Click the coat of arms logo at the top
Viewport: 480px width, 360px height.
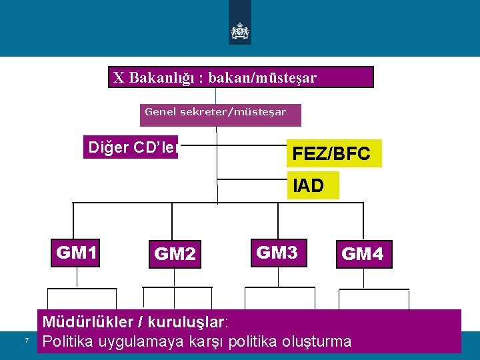239,30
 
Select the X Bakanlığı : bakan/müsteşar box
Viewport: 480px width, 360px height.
241,77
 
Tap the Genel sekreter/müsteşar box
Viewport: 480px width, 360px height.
221,115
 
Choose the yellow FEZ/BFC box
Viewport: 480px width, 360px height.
334,153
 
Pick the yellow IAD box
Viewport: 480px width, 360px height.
313,185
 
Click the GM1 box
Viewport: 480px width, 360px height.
77,253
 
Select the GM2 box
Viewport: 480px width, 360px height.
175,254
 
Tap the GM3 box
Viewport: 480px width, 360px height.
277,253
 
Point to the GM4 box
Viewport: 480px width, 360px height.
363,254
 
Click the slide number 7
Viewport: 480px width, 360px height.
26,341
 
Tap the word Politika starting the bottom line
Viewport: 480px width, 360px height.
67,342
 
